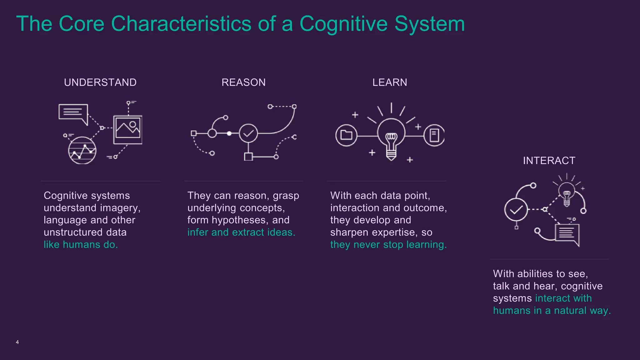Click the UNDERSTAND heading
coord(100,82)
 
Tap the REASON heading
coord(243,82)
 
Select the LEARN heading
coord(390,82)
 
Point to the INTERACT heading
coord(549,161)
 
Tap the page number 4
coord(17,342)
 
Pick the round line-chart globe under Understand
coord(82,151)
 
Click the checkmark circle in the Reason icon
coord(248,133)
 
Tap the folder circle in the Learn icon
coord(346,135)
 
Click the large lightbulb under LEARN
coord(391,136)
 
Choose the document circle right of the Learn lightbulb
coord(434,135)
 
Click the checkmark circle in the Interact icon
coord(516,209)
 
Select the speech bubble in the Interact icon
coord(567,234)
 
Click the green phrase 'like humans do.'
coord(81,245)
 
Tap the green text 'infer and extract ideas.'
coord(241,232)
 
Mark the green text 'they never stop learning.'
coord(388,245)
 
